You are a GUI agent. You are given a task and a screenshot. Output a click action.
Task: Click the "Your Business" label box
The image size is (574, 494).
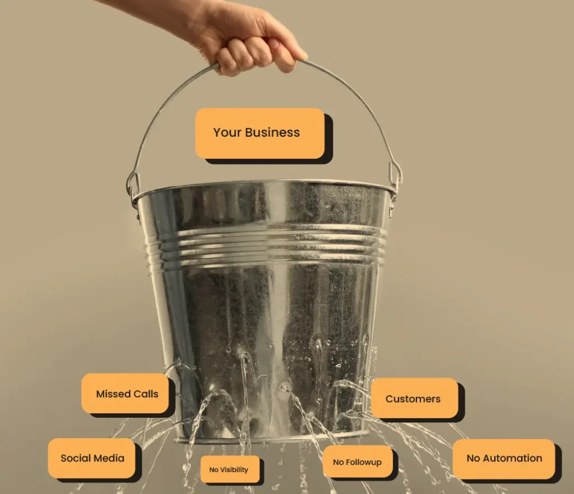(260, 133)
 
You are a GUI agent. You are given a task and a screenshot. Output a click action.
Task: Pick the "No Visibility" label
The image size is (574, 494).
(230, 469)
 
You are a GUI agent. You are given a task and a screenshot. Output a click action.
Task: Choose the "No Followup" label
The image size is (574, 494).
(358, 462)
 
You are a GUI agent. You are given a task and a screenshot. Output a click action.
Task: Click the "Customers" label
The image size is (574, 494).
(414, 399)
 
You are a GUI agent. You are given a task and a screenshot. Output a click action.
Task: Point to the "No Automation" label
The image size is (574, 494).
(504, 459)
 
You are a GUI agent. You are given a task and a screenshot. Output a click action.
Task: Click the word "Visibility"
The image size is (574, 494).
(234, 470)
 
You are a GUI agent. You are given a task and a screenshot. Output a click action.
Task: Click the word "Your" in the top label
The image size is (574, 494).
(227, 132)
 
